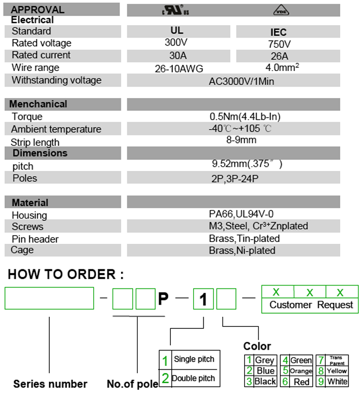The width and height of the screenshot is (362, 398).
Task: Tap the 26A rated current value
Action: point(278,56)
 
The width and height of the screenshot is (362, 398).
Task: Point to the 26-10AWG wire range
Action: point(179,69)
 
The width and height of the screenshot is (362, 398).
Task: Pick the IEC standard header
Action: point(278,32)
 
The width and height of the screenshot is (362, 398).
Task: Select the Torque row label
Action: point(27,117)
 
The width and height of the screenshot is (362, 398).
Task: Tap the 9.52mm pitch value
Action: point(246,163)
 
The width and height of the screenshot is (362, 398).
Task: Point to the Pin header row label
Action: point(35,239)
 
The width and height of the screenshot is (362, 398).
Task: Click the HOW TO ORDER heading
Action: point(66,274)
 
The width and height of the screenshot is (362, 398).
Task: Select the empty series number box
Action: point(49,298)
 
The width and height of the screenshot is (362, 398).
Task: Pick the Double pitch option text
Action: point(193,378)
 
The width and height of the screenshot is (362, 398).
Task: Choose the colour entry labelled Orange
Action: point(301,371)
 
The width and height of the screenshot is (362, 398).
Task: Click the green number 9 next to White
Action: point(321,381)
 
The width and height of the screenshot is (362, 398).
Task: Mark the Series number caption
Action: point(50,384)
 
